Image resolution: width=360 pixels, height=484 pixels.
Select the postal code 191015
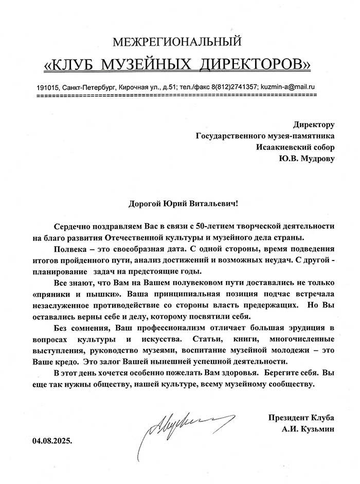pyautogui.click(x=49, y=87)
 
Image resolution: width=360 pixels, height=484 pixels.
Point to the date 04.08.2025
pyautogui.click(x=52, y=440)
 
